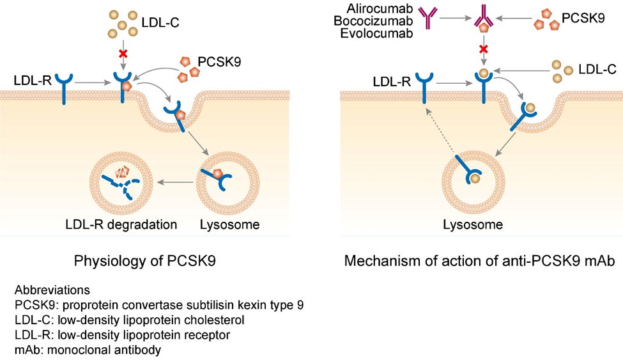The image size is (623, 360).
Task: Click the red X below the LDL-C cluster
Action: (123, 52)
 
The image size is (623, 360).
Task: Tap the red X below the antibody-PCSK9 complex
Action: (484, 49)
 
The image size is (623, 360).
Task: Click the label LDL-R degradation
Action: (121, 224)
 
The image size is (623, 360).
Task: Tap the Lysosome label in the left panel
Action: (229, 224)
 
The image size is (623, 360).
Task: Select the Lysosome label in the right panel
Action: (473, 224)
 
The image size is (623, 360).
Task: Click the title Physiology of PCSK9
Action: (145, 261)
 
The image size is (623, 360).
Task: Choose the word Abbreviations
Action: (52, 290)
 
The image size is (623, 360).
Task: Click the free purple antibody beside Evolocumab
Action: (428, 18)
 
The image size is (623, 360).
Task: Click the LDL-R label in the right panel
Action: (391, 82)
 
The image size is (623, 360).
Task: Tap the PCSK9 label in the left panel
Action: (219, 61)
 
